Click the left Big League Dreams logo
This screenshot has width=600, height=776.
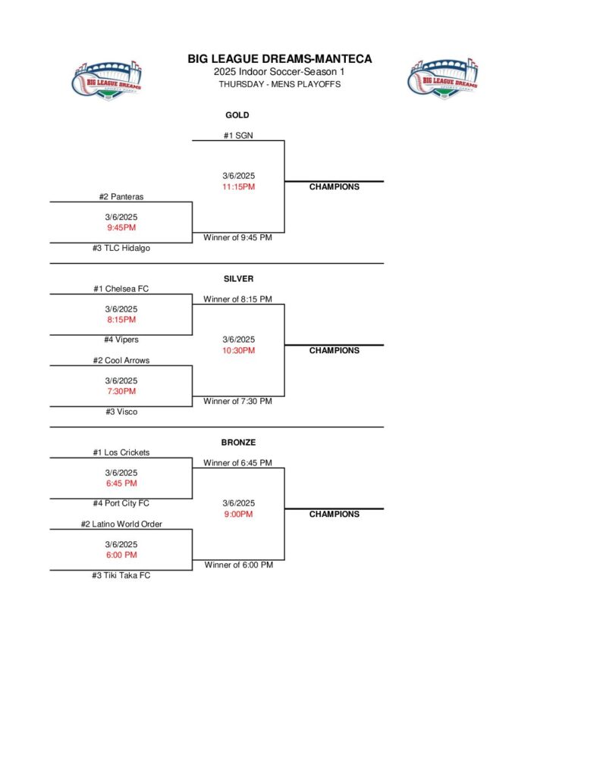pos(107,78)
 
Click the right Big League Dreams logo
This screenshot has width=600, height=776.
pos(443,78)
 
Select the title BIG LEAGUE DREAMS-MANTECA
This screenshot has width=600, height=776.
pos(279,59)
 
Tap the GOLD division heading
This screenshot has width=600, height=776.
pos(237,115)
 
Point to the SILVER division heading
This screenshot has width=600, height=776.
pos(238,279)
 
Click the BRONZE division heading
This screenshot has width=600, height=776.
pos(238,442)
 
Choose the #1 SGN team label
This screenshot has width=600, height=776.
pos(237,135)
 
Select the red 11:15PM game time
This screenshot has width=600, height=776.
pos(237,186)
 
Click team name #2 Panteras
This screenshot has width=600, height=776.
pos(121,196)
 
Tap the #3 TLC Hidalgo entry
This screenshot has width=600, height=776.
pos(121,248)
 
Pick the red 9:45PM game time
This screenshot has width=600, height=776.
pos(121,227)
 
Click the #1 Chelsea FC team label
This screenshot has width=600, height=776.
pos(121,289)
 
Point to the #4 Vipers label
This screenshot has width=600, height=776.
pos(121,339)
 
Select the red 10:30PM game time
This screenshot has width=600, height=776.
pos(238,350)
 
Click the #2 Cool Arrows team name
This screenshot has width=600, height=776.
pos(121,360)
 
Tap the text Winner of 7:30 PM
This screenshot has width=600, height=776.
pos(237,401)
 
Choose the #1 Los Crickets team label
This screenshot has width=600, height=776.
pos(121,452)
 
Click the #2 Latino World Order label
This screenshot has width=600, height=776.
pos(121,524)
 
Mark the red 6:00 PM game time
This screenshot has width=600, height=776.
pos(121,555)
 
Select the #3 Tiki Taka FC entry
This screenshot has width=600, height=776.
pos(121,575)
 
